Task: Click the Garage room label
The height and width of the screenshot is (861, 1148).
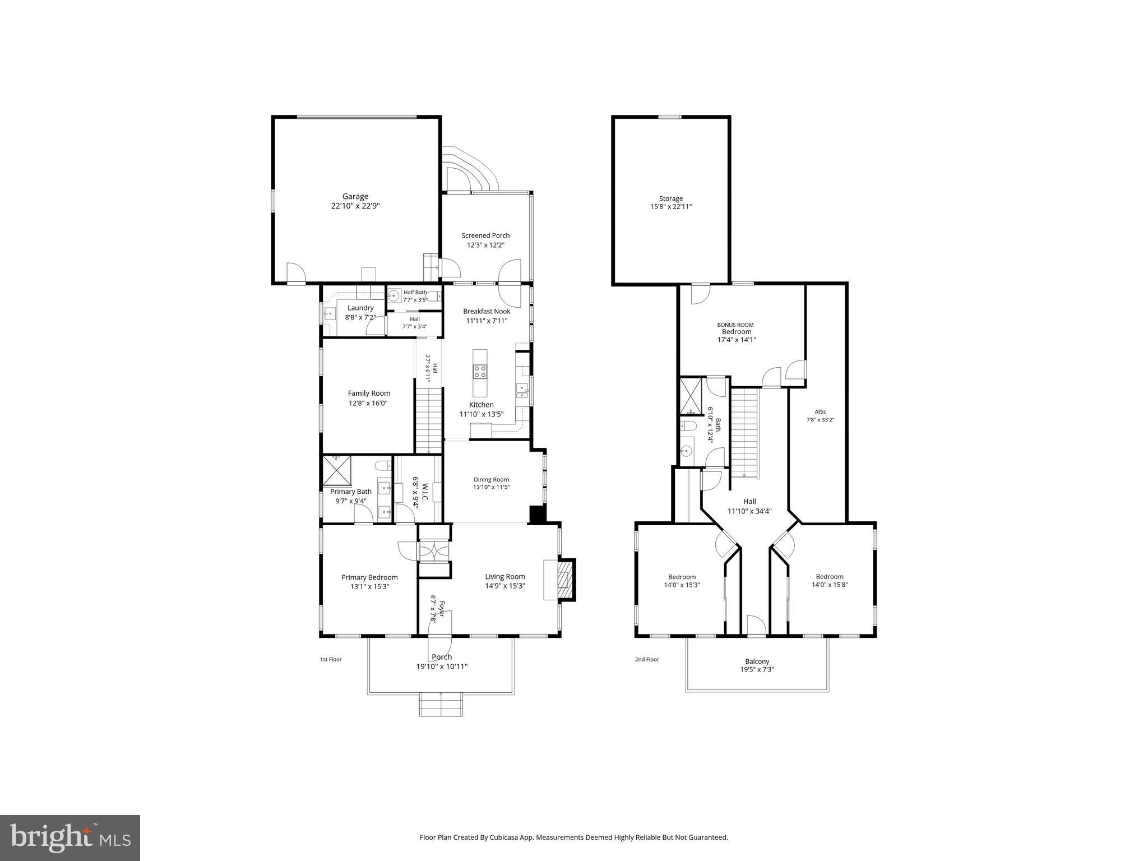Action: point(355,196)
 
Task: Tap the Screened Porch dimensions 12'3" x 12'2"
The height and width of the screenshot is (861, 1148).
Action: point(485,245)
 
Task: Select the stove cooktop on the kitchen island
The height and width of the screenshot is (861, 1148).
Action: point(480,371)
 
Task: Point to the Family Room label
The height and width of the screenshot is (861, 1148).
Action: point(369,393)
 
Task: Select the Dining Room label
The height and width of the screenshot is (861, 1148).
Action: point(491,479)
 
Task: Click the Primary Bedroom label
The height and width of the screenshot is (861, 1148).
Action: point(369,577)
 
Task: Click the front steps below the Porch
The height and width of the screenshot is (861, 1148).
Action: point(442,705)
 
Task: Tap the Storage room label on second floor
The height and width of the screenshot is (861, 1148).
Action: point(670,198)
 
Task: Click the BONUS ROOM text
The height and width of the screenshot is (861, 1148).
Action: point(735,325)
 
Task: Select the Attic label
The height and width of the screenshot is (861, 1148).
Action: point(820,411)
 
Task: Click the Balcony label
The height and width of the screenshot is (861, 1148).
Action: point(757,661)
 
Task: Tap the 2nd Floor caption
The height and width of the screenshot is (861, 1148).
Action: point(646,659)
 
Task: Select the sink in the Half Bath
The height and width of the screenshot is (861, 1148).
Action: point(394,294)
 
